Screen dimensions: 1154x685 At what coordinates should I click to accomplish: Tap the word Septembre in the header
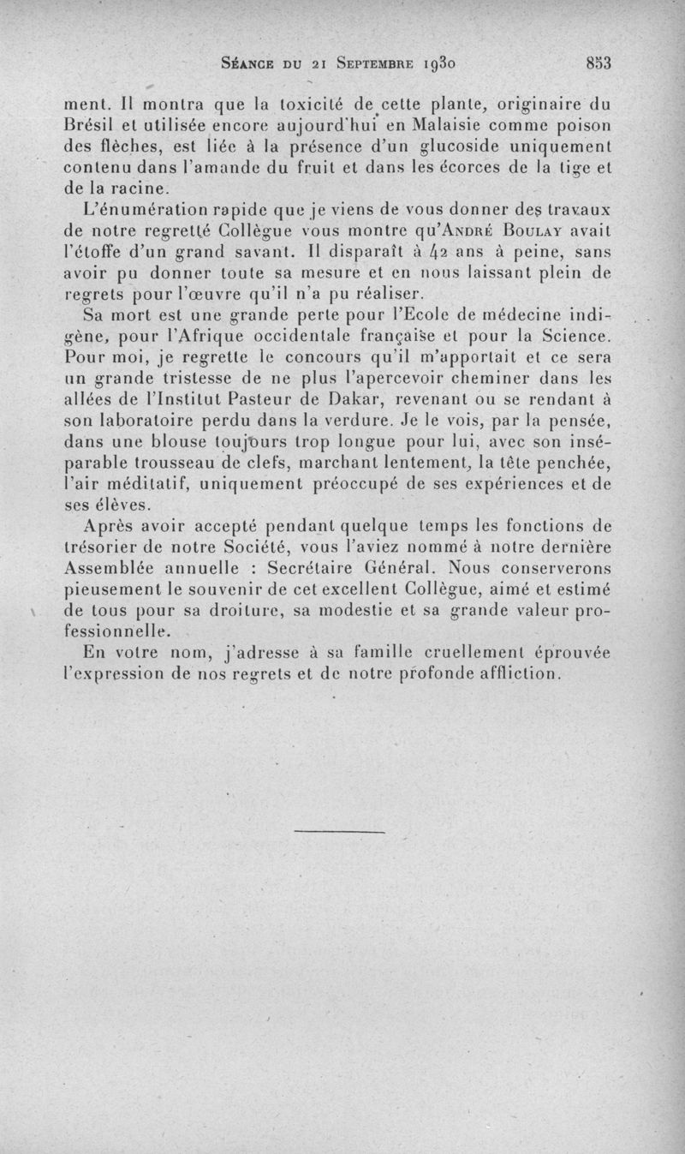(370, 63)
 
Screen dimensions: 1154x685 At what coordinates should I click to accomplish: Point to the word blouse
(176, 441)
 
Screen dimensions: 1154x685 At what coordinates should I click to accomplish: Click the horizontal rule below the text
(341, 830)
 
